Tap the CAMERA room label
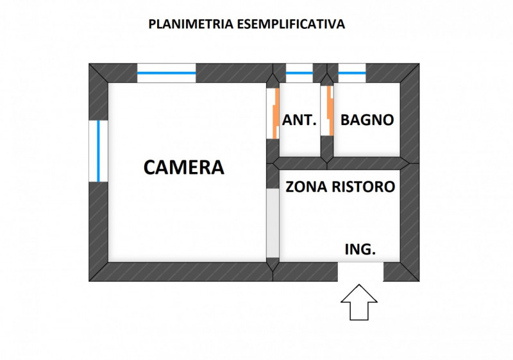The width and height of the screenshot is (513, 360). pyautogui.click(x=183, y=167)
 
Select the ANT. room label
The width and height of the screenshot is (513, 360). pyautogui.click(x=299, y=119)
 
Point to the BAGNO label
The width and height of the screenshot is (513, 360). pyautogui.click(x=367, y=119)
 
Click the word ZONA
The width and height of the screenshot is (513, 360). pyautogui.click(x=306, y=187)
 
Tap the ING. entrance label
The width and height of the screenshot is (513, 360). pyautogui.click(x=360, y=250)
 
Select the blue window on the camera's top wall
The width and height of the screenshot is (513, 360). pyautogui.click(x=166, y=73)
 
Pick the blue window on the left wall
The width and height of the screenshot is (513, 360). pyautogui.click(x=98, y=151)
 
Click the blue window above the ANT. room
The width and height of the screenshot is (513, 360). pyautogui.click(x=299, y=73)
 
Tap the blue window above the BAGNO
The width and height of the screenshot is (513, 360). pyautogui.click(x=352, y=73)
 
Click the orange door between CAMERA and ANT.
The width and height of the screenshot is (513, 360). pyautogui.click(x=274, y=112)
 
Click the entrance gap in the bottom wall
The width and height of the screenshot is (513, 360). pyautogui.click(x=360, y=271)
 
